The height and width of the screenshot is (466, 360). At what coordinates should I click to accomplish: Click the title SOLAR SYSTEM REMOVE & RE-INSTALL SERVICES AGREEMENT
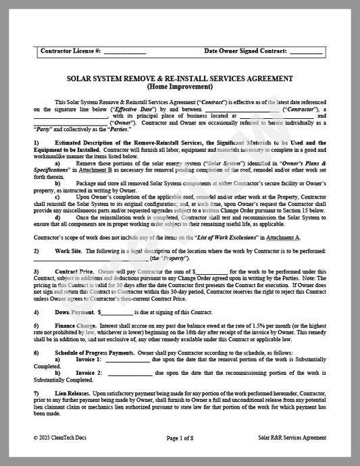(x=180, y=78)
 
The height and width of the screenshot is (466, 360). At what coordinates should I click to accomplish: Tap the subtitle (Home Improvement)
(x=180, y=86)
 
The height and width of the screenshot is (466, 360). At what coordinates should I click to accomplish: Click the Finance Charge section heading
(x=76, y=326)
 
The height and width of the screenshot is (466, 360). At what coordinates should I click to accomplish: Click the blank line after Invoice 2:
(x=128, y=372)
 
